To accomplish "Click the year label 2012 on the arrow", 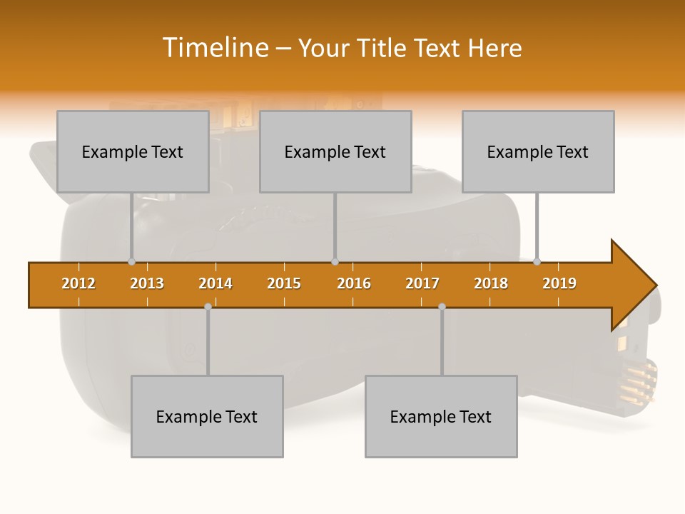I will coord(78,283).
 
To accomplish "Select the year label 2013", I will coord(147,283).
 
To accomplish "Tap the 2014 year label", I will coord(215,283).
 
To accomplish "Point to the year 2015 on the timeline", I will coord(284,283).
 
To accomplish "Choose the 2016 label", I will coord(354,283).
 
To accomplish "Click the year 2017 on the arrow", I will coord(422,283).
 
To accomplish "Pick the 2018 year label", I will coord(491,283).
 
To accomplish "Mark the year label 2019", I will coord(559,283).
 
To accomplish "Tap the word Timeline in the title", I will coord(214,48).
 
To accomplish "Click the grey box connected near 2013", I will coord(133,151).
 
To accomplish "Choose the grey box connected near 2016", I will coord(335,151).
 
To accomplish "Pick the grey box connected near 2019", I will coord(538,151).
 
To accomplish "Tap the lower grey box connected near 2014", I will coord(207,416).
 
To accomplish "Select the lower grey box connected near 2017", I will coord(441,416).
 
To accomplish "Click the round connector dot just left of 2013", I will coord(131,262).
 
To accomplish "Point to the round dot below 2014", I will coord(208,306).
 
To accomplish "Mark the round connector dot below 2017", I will coord(442,306).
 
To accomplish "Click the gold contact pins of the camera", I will coord(641,381).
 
